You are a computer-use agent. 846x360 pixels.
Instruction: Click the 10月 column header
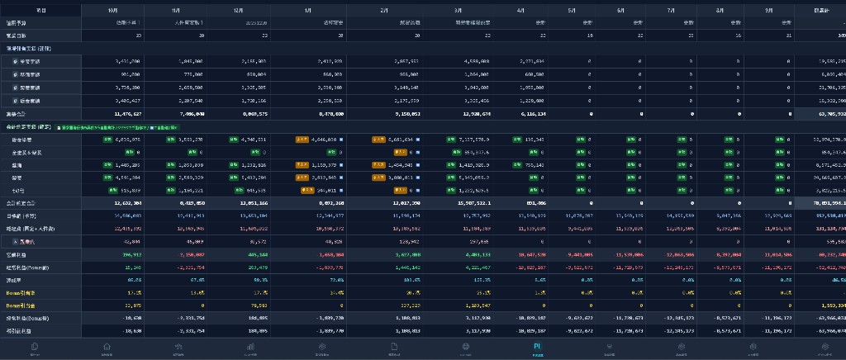coord(112,10)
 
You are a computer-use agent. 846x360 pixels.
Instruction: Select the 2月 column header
coord(384,10)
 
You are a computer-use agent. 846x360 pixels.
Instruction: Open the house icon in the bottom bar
coord(107,347)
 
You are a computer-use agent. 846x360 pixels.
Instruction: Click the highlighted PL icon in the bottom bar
coord(538,347)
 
